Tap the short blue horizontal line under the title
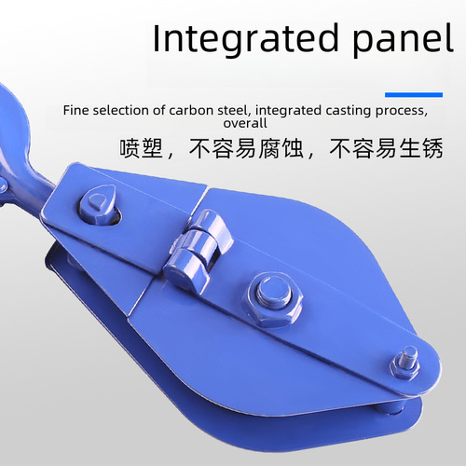414,93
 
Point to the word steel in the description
232,110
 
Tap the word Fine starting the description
76,110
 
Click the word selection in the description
126,110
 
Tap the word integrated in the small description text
288,110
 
